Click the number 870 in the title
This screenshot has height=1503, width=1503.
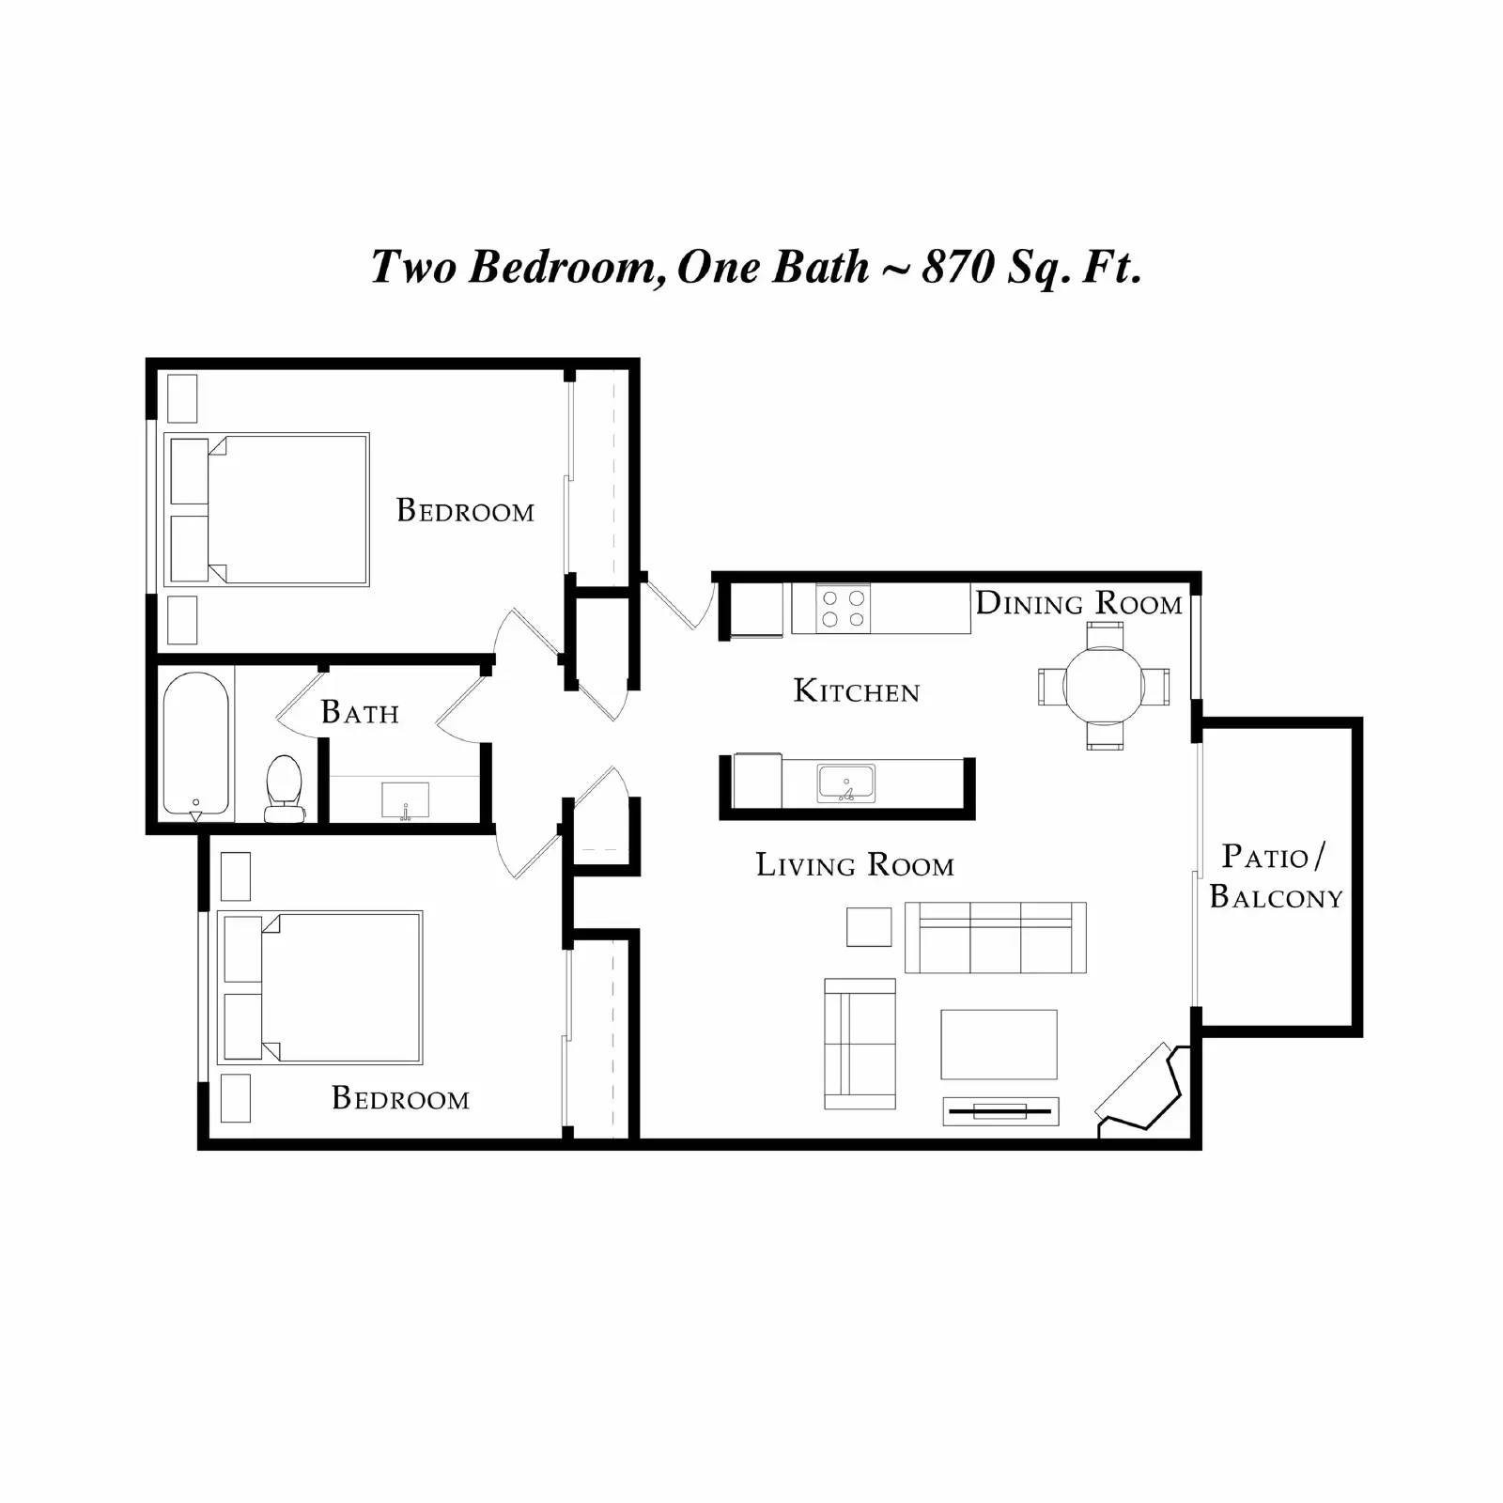957,266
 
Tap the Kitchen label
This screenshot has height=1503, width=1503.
856,691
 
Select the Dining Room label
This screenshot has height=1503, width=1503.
1078,603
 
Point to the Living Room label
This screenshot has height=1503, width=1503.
854,864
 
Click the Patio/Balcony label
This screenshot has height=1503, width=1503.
1275,876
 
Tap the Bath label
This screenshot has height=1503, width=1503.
360,712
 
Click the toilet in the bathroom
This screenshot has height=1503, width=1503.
284,787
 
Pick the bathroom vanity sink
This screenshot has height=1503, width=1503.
405,800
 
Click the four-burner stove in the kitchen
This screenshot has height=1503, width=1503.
843,608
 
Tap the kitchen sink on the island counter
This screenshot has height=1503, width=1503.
845,782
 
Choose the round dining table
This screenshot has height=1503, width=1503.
1104,686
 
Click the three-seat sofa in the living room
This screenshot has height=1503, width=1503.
995,937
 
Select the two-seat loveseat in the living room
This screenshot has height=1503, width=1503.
860,1044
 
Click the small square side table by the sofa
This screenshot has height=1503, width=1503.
869,927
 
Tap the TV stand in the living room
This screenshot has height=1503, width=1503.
1000,1111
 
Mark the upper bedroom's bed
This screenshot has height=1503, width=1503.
267,510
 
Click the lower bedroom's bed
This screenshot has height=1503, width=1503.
320,987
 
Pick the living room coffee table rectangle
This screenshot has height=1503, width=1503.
999,1045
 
